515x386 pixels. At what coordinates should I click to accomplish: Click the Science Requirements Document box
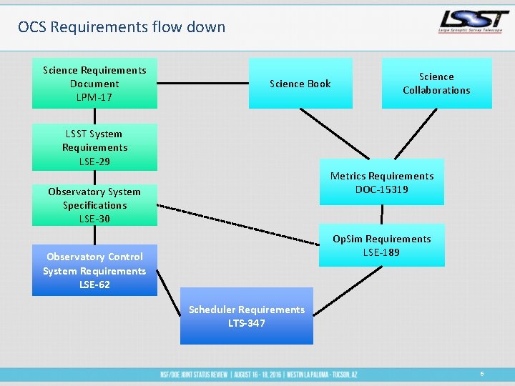point(94,83)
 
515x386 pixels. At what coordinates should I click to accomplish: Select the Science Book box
point(300,84)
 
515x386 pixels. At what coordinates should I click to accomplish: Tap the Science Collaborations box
point(436,83)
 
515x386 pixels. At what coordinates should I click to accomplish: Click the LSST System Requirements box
point(94,147)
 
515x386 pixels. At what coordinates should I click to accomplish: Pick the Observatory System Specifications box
point(94,204)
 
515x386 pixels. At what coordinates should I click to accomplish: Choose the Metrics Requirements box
point(382,182)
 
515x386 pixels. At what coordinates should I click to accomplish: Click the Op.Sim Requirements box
point(382,245)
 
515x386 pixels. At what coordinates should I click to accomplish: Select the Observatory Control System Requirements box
point(94,270)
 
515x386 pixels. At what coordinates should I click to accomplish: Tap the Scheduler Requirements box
point(247,316)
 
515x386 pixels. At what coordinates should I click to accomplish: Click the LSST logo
point(474,22)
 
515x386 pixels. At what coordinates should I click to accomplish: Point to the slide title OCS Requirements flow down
point(122,27)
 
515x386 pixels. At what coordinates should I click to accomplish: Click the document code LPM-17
point(94,97)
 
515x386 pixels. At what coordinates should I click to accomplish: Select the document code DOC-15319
point(382,189)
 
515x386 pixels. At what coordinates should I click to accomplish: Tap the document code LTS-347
point(247,323)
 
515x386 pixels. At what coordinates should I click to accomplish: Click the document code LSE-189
point(382,252)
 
